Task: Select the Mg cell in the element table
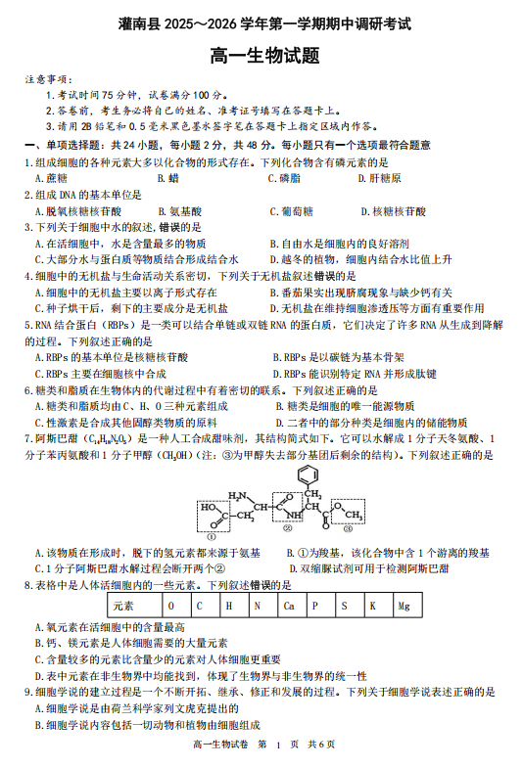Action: (x=403, y=606)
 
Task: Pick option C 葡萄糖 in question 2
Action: (x=289, y=210)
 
